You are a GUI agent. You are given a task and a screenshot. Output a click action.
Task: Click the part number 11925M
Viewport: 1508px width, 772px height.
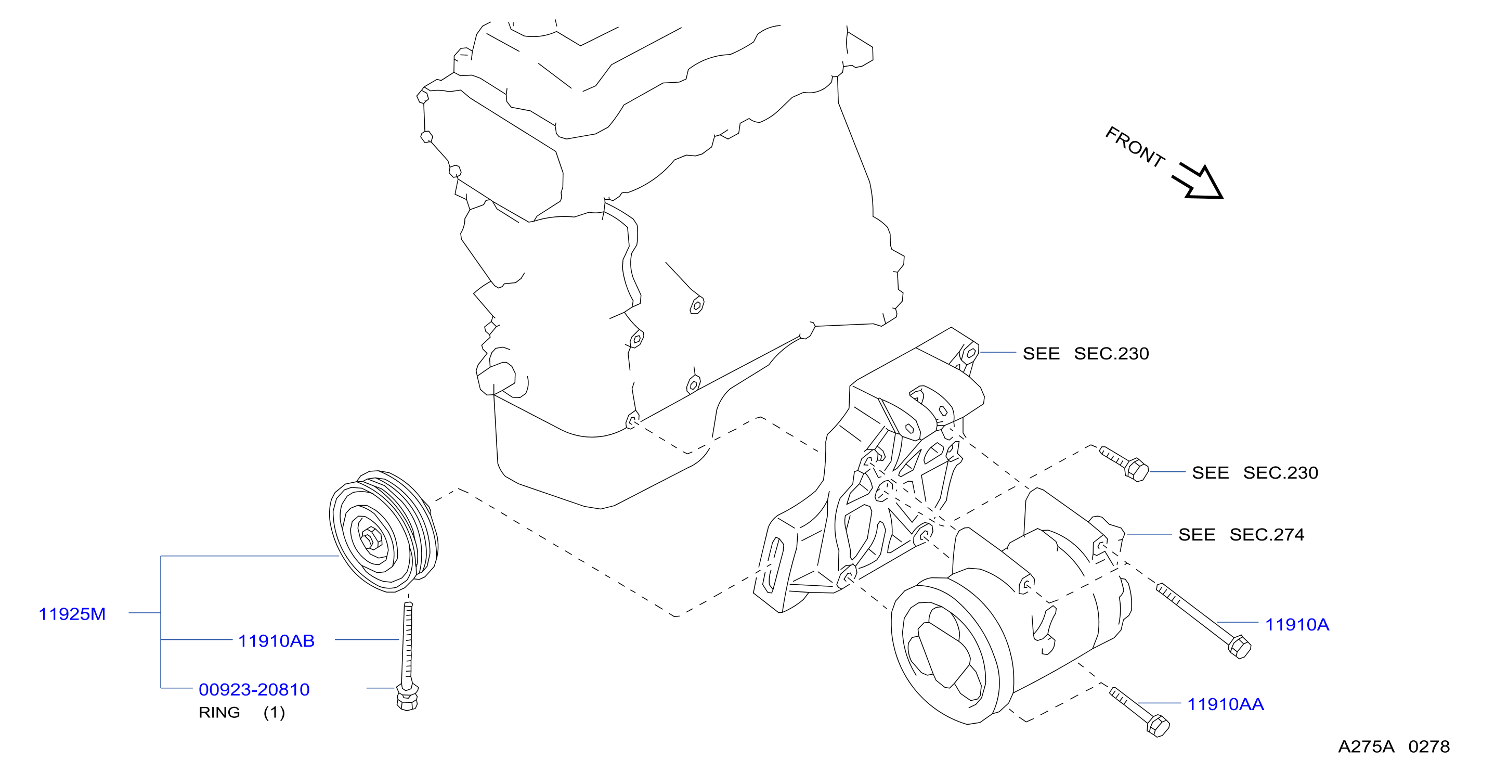[x=72, y=614]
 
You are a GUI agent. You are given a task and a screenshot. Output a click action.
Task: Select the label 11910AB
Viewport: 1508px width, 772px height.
[x=276, y=641]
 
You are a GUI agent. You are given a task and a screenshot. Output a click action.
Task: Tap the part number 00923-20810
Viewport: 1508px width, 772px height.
[x=254, y=689]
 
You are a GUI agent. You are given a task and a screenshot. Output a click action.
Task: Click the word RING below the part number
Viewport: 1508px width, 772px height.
[x=219, y=712]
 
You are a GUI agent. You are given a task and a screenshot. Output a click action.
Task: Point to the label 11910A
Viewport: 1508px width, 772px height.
[x=1297, y=624]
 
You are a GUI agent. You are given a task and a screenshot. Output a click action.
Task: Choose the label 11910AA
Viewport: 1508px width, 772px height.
[x=1225, y=704]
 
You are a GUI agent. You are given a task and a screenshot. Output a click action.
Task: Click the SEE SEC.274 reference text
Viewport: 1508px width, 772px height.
[x=1241, y=534]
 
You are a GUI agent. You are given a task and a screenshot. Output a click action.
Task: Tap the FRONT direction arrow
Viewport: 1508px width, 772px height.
[x=1198, y=182]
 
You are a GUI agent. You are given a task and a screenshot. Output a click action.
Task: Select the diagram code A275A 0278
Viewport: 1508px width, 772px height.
[x=1394, y=746]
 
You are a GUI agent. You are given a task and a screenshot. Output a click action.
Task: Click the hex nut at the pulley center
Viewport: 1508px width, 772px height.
[x=370, y=537]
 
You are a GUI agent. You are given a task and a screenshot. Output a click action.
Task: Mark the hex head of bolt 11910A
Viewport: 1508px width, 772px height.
[x=1239, y=647]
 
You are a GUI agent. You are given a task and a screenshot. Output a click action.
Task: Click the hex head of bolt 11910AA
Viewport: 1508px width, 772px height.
[x=1158, y=726]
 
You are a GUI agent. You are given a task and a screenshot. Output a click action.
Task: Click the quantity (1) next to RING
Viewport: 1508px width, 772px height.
[x=274, y=712]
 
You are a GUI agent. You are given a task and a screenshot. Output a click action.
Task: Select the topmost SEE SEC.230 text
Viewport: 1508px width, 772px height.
[x=1085, y=353]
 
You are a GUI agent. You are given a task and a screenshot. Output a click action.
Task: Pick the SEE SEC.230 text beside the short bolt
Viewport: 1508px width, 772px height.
[x=1255, y=473]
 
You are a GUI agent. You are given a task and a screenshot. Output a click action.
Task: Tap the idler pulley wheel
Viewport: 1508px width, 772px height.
[x=383, y=531]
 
